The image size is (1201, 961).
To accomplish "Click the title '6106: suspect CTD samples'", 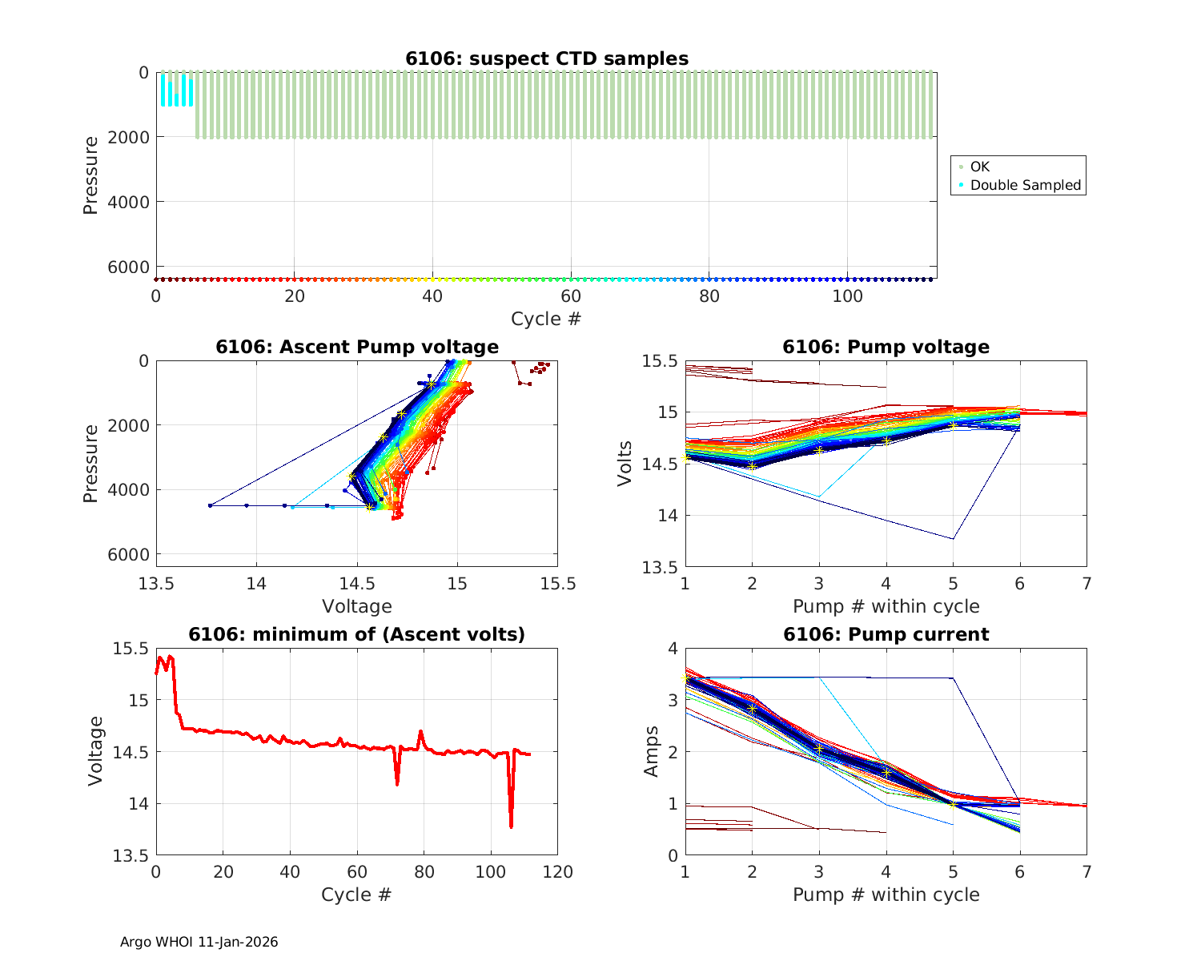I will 546,58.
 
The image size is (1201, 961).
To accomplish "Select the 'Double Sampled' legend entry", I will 1025,185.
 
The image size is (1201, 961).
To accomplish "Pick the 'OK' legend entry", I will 979,167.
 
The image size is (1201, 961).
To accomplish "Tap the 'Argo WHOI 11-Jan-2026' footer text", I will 199,942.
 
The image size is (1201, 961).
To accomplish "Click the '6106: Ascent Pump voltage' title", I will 357,347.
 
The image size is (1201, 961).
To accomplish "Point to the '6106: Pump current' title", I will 886,634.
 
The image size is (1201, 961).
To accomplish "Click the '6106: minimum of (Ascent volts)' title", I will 357,634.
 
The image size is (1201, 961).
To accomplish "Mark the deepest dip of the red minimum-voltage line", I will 511,826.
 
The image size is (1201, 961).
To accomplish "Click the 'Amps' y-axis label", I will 652,751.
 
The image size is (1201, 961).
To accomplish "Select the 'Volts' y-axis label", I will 625,464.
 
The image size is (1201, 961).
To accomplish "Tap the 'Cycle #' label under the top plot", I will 546,319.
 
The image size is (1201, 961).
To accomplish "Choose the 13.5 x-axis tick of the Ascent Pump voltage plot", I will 156,583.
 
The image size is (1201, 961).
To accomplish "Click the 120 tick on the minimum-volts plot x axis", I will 557,872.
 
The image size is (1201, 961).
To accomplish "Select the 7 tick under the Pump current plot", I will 1087,872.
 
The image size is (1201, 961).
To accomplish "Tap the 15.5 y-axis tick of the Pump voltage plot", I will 660,361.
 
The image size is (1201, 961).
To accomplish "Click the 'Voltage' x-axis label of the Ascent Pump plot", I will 357,606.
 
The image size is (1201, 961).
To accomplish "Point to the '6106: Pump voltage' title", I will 886,347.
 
